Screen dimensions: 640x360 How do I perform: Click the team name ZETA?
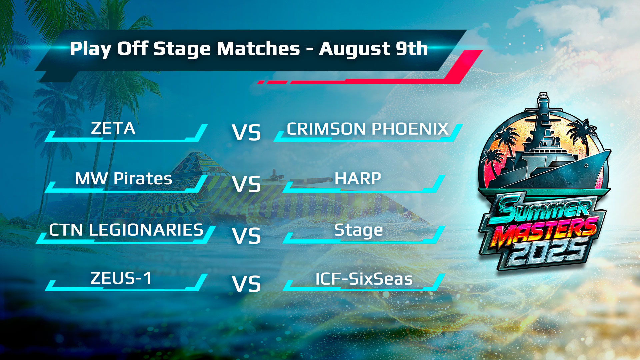(113, 128)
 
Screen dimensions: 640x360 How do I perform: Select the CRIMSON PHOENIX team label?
(368, 129)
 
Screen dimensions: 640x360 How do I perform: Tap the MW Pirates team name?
(124, 179)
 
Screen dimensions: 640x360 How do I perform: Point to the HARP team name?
(358, 179)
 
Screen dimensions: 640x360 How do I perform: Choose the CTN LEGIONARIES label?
(126, 230)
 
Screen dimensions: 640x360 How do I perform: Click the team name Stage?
(359, 231)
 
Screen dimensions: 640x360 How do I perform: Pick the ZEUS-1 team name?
(121, 278)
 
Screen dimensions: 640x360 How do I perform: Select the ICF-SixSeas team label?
(364, 279)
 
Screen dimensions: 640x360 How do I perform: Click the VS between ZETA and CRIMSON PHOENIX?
(246, 133)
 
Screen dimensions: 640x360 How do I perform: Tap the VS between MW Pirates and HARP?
(246, 184)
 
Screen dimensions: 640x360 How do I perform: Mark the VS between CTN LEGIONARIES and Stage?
(246, 236)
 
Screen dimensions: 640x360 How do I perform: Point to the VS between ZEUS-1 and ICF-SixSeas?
(246, 284)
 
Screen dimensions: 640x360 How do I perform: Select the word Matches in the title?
(258, 49)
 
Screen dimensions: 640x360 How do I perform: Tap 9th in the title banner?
(412, 49)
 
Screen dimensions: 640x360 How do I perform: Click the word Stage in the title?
(182, 49)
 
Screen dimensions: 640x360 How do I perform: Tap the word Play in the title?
(90, 49)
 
